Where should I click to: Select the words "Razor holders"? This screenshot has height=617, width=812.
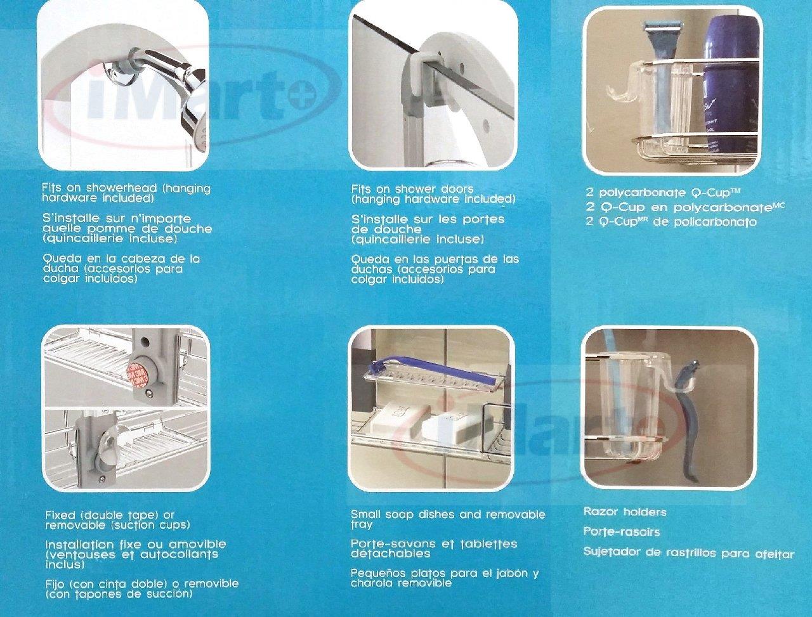tap(625, 512)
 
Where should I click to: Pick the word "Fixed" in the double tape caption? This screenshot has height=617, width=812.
tap(60, 515)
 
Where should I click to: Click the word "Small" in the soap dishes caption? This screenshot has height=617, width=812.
tap(365, 514)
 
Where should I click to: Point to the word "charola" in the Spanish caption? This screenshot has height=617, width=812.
tap(371, 583)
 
